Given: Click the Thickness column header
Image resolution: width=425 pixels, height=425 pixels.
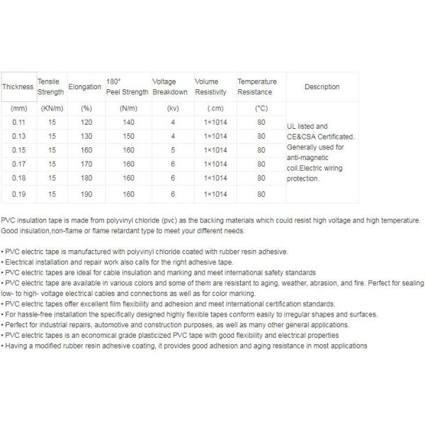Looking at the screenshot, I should (18, 87).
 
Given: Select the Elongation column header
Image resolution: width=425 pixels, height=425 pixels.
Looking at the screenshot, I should (86, 87).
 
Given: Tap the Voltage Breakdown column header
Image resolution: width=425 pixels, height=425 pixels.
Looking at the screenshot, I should (170, 87).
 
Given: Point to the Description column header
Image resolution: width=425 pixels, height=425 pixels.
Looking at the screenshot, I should (322, 87).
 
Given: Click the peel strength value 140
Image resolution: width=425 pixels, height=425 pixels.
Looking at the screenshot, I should (128, 123).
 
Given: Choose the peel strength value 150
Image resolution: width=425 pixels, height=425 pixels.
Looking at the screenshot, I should (128, 136).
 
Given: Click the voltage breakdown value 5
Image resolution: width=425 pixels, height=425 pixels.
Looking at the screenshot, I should (172, 150).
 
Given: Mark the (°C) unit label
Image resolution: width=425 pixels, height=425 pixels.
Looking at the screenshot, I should (262, 108).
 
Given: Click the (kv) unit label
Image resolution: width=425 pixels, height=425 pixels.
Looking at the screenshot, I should (172, 108).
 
